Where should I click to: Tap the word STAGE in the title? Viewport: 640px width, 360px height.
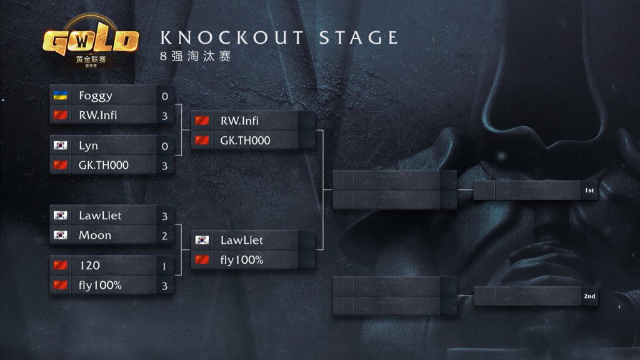pyautogui.click(x=359, y=37)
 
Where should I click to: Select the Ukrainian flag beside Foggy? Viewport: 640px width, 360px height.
pyautogui.click(x=61, y=96)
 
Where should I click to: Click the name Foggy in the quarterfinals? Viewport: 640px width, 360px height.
pyautogui.click(x=96, y=96)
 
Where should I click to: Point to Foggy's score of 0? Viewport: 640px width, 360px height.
pyautogui.click(x=165, y=96)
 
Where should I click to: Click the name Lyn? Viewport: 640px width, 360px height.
pyautogui.click(x=89, y=146)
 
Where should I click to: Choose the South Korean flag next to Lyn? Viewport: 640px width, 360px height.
pyautogui.click(x=61, y=146)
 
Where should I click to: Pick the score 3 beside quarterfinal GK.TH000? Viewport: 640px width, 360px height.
pyautogui.click(x=165, y=166)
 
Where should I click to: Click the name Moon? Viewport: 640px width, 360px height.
pyautogui.click(x=95, y=235)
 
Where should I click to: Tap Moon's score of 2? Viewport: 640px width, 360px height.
pyautogui.click(x=165, y=236)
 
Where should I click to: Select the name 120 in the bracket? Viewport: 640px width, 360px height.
pyautogui.click(x=89, y=266)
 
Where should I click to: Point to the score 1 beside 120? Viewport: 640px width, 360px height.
pyautogui.click(x=165, y=266)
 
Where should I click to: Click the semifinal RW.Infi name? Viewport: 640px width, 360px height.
pyautogui.click(x=239, y=121)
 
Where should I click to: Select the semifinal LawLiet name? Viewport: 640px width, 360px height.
pyautogui.click(x=242, y=240)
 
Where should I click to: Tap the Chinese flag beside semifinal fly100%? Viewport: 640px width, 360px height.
pyautogui.click(x=202, y=260)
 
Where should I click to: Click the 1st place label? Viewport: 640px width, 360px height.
pyautogui.click(x=589, y=190)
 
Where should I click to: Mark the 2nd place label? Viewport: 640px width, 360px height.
pyautogui.click(x=589, y=296)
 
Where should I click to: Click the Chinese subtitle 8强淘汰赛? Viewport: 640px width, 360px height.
pyautogui.click(x=196, y=56)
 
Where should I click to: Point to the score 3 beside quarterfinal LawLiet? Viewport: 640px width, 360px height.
pyautogui.click(x=165, y=216)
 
